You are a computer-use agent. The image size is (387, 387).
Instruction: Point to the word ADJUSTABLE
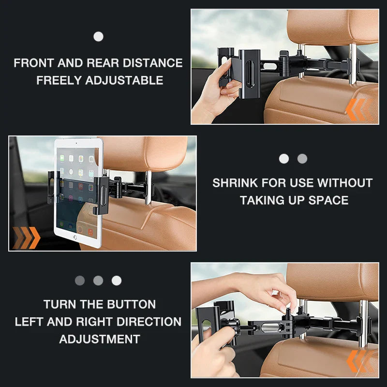124,80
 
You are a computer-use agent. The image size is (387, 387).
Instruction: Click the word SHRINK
235,183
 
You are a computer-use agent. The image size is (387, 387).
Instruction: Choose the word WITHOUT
345,183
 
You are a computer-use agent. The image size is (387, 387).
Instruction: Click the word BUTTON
130,304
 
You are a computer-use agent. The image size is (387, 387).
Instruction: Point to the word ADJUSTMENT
100,339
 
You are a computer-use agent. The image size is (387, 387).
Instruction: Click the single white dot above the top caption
98,36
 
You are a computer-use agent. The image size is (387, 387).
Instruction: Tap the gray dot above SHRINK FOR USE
302,159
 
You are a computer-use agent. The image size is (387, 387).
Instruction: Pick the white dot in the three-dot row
117,281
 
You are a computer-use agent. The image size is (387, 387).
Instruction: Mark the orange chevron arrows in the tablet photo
26,237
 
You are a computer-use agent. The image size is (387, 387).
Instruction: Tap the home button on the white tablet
75,238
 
